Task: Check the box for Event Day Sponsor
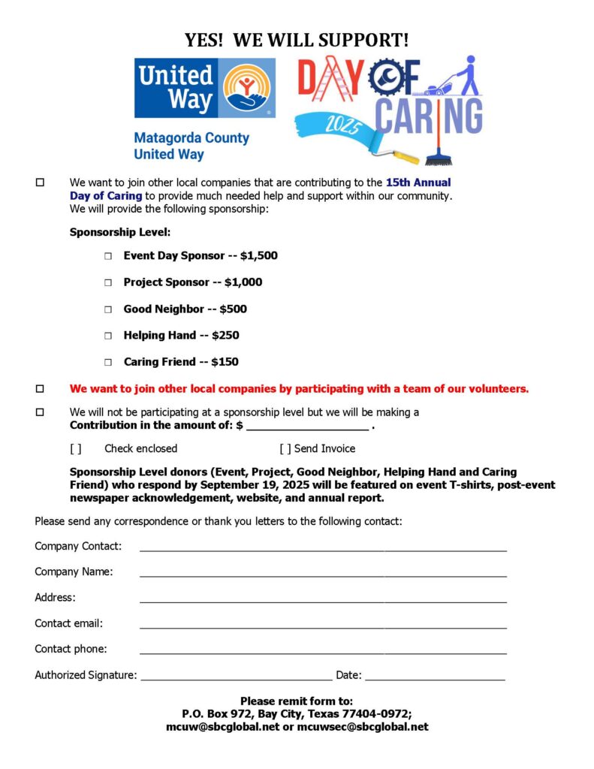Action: [x=107, y=256]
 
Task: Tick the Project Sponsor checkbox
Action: [x=107, y=282]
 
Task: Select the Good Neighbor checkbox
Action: [x=107, y=309]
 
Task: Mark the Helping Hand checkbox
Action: [x=107, y=336]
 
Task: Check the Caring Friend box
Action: [x=107, y=362]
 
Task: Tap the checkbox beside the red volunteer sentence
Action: [x=40, y=389]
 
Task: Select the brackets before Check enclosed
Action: [x=75, y=449]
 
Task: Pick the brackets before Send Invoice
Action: [x=285, y=449]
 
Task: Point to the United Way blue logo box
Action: [x=204, y=88]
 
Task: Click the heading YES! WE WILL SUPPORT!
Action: [x=297, y=40]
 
